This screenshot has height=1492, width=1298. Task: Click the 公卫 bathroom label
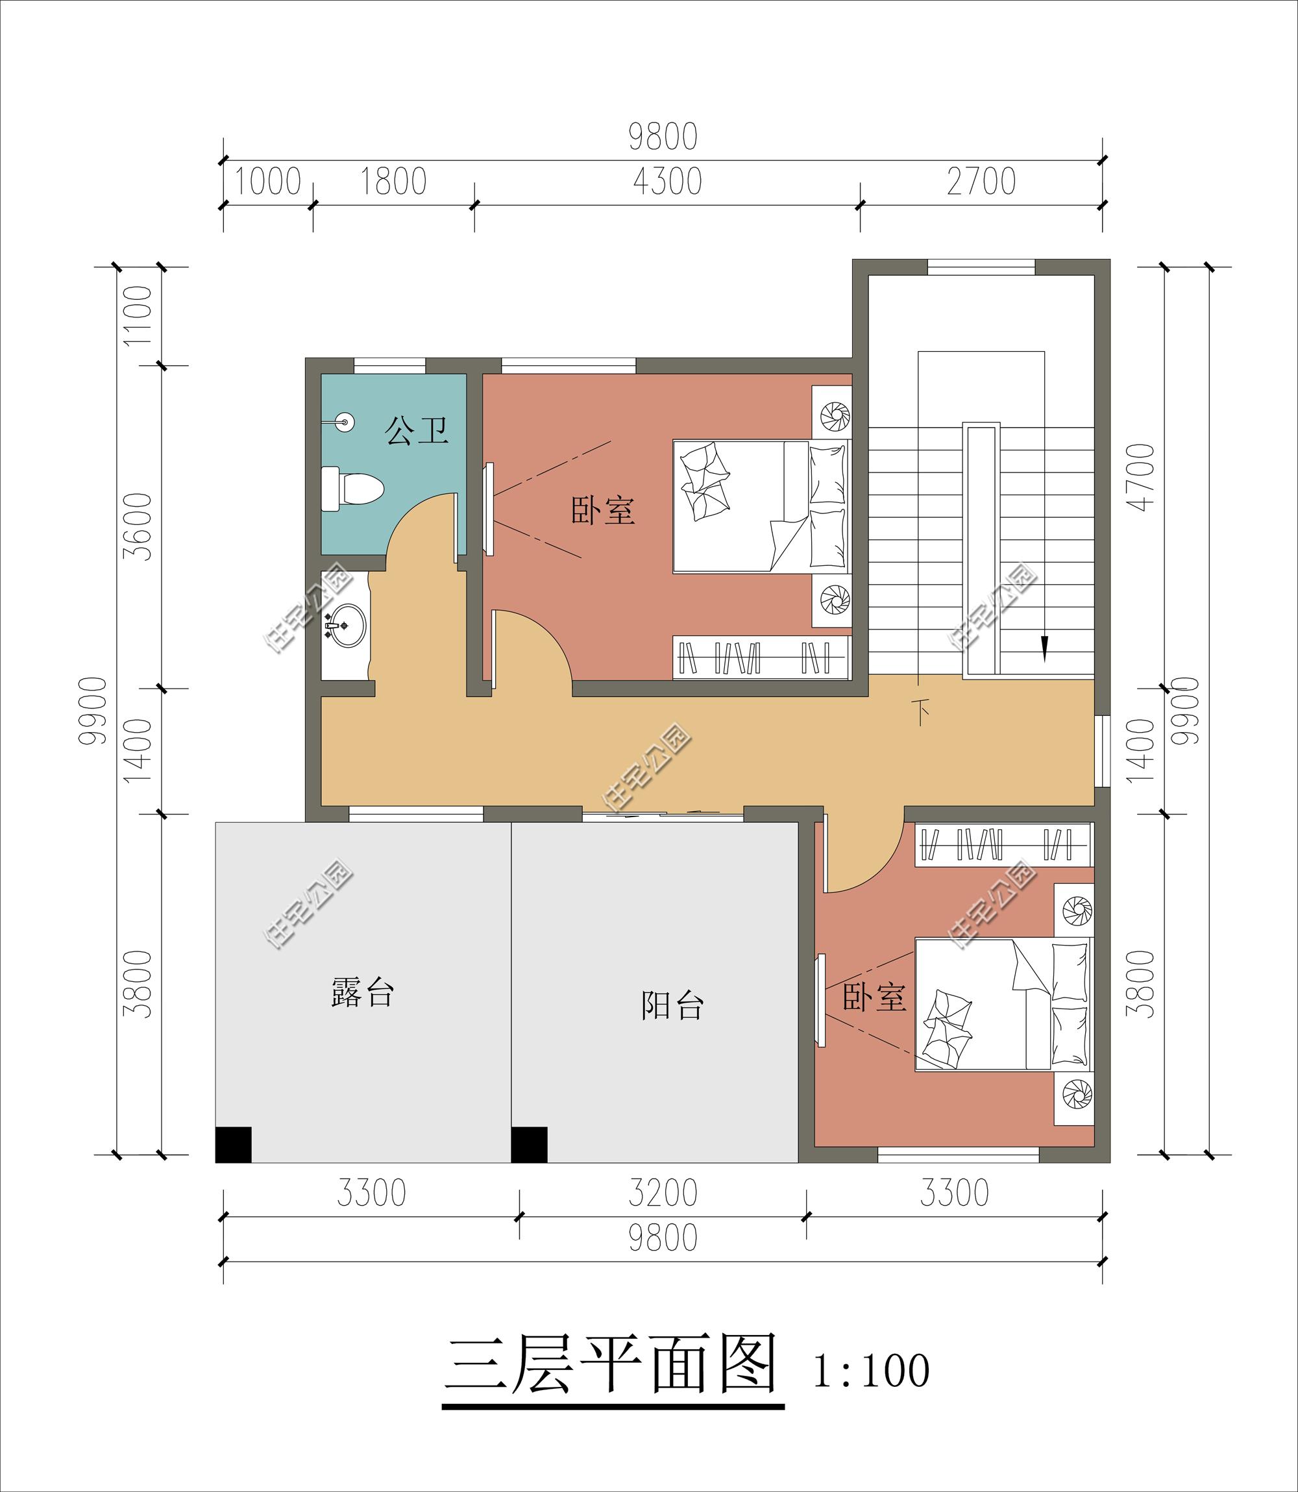pyautogui.click(x=417, y=430)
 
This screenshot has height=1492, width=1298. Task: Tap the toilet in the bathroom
pyautogui.click(x=351, y=489)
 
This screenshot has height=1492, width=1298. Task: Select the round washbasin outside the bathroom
pyautogui.click(x=346, y=624)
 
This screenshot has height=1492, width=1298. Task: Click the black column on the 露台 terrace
pyautogui.click(x=233, y=1144)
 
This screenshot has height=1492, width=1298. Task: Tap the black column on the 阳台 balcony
pyautogui.click(x=529, y=1144)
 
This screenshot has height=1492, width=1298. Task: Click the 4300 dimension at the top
pyautogui.click(x=667, y=181)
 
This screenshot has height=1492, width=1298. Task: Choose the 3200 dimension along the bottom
pyautogui.click(x=663, y=1193)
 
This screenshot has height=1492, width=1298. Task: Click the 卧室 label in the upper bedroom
pyautogui.click(x=603, y=511)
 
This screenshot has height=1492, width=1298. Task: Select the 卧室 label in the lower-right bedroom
pyautogui.click(x=874, y=997)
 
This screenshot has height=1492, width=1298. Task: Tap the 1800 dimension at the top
pyautogui.click(x=393, y=181)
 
